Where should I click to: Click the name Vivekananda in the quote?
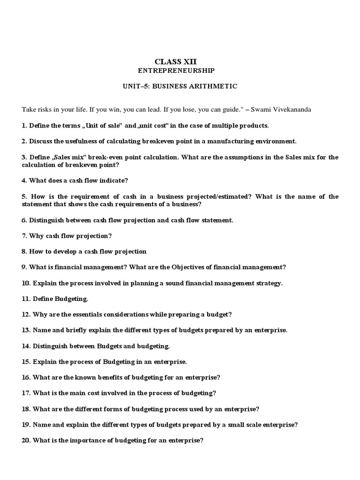click(291, 109)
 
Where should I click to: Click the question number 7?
click(24, 235)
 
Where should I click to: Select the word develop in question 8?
click(61, 251)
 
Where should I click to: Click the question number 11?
click(26, 299)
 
